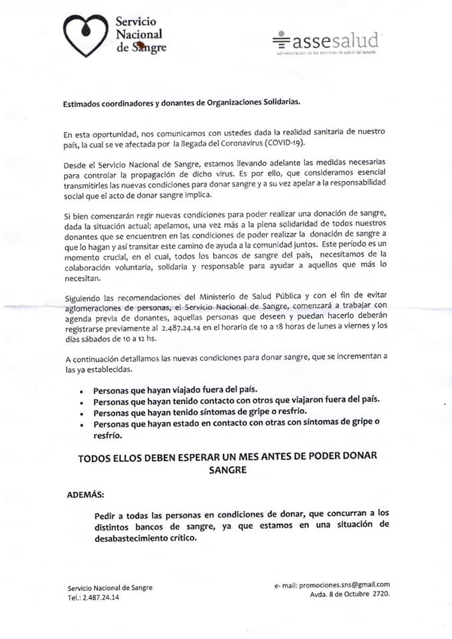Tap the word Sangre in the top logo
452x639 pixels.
pos(146,48)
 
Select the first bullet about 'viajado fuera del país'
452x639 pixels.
pos(175,390)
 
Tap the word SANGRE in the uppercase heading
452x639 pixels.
pos(226,469)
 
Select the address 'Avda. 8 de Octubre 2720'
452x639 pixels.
pos(349,594)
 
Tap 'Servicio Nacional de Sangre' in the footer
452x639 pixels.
pos(110,588)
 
